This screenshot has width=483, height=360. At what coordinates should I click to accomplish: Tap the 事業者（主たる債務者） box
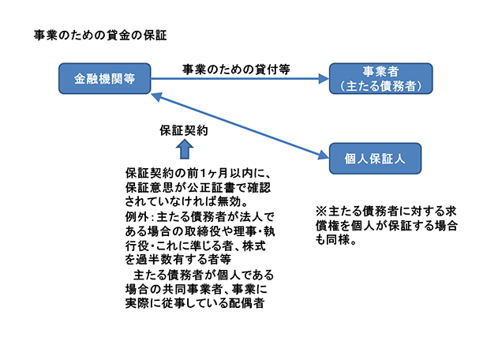tap(380, 79)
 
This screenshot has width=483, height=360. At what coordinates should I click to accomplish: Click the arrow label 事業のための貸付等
tap(235, 69)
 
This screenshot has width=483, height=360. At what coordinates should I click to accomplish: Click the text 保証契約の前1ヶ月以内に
tap(194, 174)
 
